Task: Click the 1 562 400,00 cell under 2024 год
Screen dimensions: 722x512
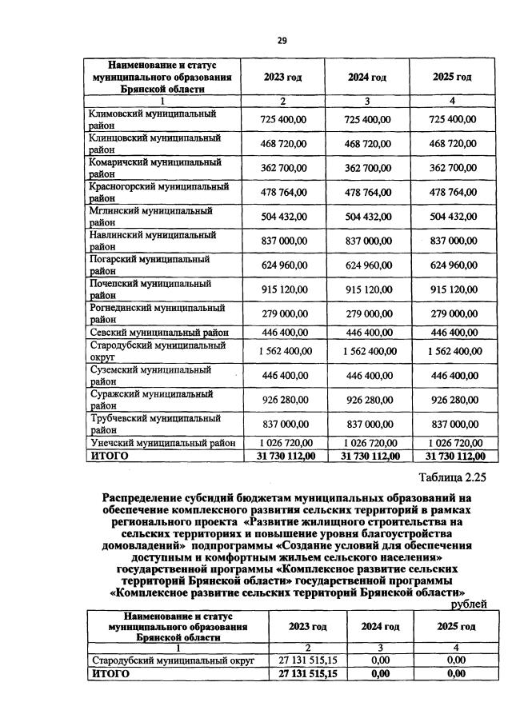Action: coord(367,350)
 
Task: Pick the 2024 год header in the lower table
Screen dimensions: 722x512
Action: coord(380,626)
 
